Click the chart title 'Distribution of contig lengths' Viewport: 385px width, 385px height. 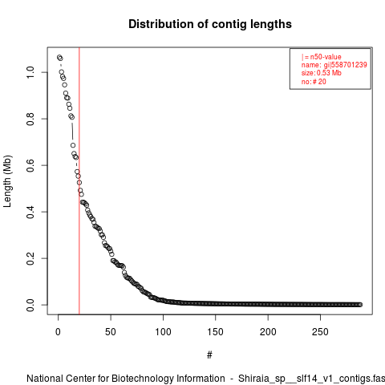click(210, 24)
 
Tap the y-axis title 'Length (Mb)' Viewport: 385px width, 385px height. click(7, 181)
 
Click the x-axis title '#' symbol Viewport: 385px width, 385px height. click(209, 355)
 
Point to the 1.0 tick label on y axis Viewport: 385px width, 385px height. click(30, 72)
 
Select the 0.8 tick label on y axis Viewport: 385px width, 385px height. click(30, 119)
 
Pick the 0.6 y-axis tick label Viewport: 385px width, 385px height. click(30, 165)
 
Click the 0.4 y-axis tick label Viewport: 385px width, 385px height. click(30, 212)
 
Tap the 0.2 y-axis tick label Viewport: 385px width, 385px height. click(30, 258)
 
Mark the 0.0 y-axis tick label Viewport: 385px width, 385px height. click(30, 305)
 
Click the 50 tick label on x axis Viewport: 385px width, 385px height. click(111, 332)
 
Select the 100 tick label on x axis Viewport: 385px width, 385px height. click(163, 332)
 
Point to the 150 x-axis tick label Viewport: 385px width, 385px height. click(215, 332)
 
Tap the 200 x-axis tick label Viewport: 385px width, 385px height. click(268, 332)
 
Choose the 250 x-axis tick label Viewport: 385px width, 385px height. click(320, 332)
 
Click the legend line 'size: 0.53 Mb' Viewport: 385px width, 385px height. click(322, 73)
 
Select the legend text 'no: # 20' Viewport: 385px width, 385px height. click(314, 81)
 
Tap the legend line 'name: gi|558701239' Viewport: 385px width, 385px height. click(334, 65)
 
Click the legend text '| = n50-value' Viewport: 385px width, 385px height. click(322, 57)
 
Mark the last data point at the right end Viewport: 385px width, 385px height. click(360, 305)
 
